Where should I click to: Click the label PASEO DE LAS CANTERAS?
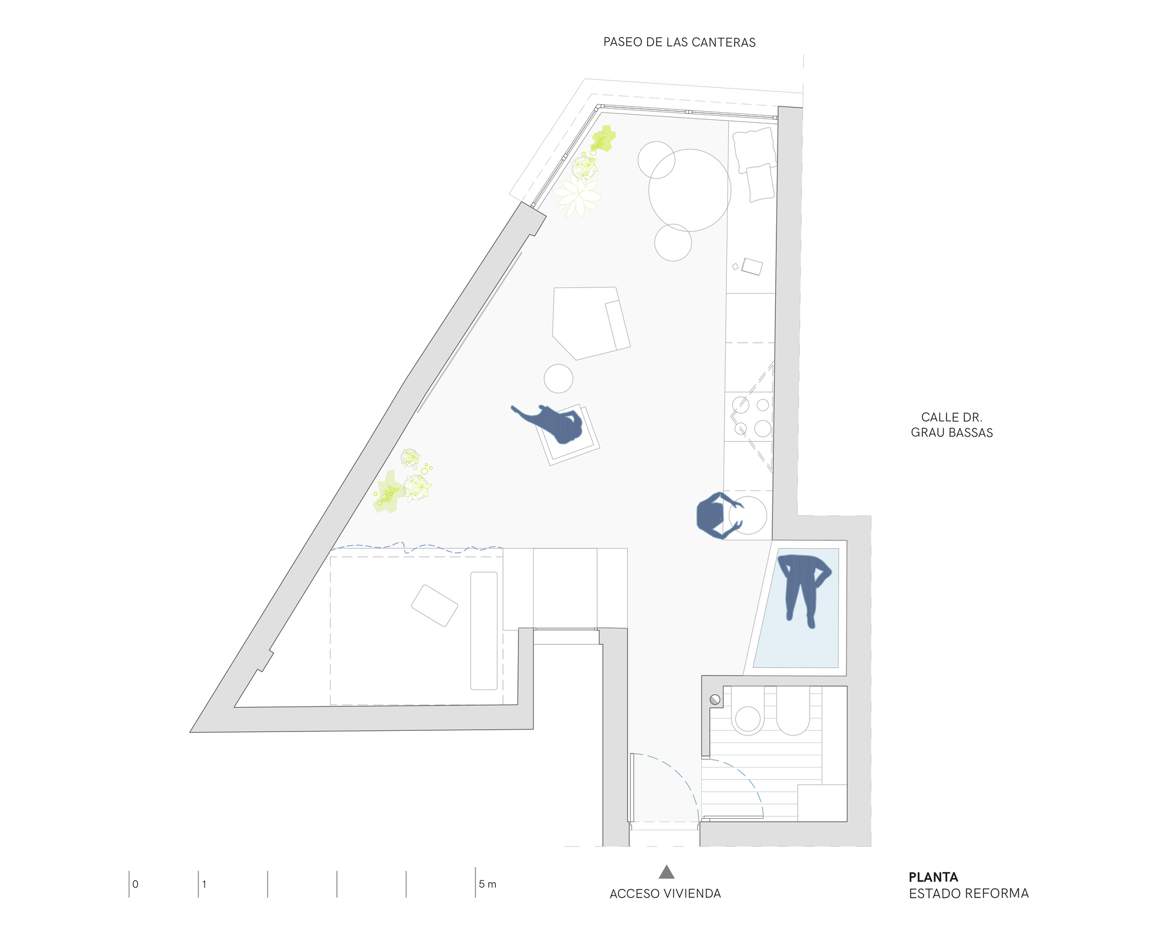coord(679,42)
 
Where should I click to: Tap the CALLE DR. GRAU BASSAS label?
coord(952,425)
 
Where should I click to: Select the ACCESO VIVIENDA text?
coord(665,894)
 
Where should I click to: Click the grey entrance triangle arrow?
coord(666,872)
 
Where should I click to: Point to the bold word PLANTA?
coord(933,877)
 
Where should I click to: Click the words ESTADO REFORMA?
coord(968,894)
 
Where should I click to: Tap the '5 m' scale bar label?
coord(487,884)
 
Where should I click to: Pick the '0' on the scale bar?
coord(136,884)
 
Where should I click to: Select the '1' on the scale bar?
coord(204,884)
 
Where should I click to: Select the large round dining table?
coord(690,190)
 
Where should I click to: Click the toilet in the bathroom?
coord(748,717)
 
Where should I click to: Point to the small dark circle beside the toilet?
coord(715,699)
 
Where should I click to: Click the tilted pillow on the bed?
coord(434,605)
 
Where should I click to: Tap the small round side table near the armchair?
coord(558,379)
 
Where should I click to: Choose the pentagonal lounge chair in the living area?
coord(588,322)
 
